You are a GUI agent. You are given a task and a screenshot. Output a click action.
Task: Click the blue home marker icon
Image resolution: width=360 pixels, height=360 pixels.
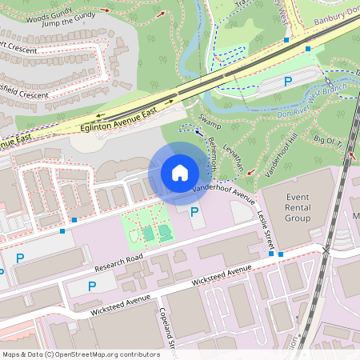click(180, 172)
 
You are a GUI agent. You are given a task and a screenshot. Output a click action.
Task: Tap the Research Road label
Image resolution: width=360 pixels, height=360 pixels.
click(118, 261)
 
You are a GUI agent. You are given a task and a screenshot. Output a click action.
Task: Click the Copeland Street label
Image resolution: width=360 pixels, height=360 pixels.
click(169, 333)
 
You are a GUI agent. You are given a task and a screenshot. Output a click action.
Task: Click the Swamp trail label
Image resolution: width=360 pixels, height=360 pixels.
click(210, 122)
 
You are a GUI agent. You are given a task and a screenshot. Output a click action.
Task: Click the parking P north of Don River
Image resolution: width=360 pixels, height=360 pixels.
click(288, 81)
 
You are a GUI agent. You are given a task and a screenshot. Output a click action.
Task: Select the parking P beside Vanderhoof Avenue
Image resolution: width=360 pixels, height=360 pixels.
click(194, 211)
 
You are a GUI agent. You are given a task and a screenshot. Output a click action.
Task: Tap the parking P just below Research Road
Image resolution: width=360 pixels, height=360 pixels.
click(92, 286)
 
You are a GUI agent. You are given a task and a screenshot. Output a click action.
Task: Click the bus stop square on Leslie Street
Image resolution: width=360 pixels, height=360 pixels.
click(280, 254)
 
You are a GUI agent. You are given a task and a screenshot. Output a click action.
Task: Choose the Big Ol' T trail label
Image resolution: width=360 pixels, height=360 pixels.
click(328, 141)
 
